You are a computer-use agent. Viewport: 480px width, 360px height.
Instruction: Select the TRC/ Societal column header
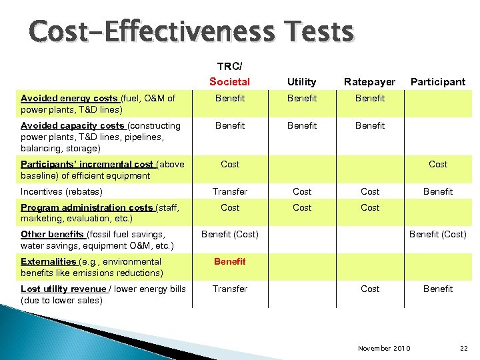[x=229, y=75]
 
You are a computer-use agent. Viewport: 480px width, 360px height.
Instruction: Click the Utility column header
[x=301, y=81]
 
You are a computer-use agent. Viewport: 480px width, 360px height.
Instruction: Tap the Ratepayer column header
[x=369, y=81]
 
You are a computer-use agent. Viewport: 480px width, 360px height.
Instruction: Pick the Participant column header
[x=437, y=81]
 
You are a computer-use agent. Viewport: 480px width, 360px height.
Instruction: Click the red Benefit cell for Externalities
[x=229, y=261]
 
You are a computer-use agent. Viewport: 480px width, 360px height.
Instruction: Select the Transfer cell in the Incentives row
[x=229, y=191]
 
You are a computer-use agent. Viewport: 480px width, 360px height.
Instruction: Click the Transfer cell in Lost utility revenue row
[x=229, y=289]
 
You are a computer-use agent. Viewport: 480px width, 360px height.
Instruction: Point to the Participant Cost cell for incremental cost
[x=438, y=164]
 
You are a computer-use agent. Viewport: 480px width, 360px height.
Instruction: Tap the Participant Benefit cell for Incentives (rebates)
[x=437, y=191]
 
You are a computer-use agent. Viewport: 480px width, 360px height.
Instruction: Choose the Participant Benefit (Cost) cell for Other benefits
[x=437, y=234]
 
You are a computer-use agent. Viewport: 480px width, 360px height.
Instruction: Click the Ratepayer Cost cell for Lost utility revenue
[x=370, y=289]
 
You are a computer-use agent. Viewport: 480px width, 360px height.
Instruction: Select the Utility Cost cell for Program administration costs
[x=302, y=207]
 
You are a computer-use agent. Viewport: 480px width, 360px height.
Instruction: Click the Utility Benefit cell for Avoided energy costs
[x=302, y=98]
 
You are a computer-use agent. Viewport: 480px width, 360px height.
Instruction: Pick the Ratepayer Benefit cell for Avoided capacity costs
[x=370, y=125]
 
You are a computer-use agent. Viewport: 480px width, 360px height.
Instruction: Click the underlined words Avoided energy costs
[x=68, y=98]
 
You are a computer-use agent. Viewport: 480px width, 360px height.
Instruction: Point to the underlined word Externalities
[x=48, y=261]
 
